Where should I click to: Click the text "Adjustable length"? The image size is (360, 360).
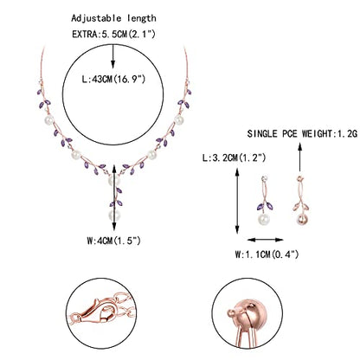(113, 19)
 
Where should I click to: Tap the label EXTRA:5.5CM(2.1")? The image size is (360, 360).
(113, 34)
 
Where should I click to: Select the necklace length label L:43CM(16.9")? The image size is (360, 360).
(113, 79)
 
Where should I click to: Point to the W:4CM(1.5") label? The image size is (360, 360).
(113, 241)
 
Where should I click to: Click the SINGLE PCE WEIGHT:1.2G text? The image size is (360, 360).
(302, 134)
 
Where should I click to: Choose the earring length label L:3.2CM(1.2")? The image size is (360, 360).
(234, 157)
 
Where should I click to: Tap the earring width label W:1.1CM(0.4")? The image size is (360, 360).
(267, 254)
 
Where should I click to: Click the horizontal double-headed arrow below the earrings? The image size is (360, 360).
(266, 240)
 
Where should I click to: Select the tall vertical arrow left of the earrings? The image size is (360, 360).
(237, 201)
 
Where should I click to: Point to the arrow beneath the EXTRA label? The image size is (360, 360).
(112, 56)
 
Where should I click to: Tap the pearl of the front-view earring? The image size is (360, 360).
(264, 219)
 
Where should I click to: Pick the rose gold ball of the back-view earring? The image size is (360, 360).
(302, 219)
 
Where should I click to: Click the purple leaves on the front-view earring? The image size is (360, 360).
(265, 207)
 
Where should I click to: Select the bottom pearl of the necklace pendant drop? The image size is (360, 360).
(114, 215)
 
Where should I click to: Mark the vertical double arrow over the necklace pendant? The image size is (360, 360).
(114, 197)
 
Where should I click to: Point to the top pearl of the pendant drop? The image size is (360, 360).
(114, 181)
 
